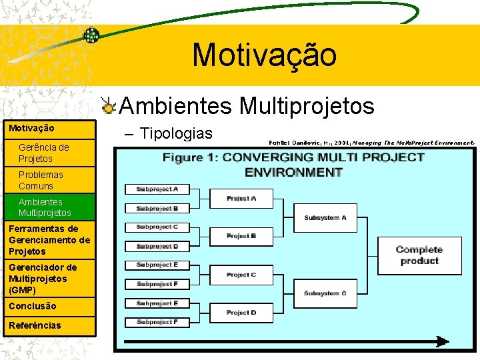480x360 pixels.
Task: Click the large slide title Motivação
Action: point(265,55)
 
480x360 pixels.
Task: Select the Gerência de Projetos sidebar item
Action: point(44,153)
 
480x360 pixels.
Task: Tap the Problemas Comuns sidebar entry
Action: point(41,180)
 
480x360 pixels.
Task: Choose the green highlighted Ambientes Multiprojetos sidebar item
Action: point(45,207)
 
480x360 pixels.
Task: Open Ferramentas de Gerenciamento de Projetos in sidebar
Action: point(49,240)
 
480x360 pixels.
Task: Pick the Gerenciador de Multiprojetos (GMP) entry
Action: point(43,279)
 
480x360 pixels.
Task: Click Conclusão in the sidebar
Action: point(33,306)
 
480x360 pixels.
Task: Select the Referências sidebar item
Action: point(35,325)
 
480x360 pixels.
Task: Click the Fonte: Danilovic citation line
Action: point(372,142)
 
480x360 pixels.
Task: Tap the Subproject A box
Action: point(157,189)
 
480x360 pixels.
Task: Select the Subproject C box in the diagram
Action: point(157,227)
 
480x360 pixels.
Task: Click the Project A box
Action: point(241,199)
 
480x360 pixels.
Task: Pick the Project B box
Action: point(241,236)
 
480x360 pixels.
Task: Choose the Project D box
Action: point(241,313)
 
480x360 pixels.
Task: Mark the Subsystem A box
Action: point(325,218)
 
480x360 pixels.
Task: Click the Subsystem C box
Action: point(325,293)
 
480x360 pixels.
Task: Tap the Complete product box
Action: point(419,255)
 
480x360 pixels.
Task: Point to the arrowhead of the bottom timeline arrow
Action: point(443,341)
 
